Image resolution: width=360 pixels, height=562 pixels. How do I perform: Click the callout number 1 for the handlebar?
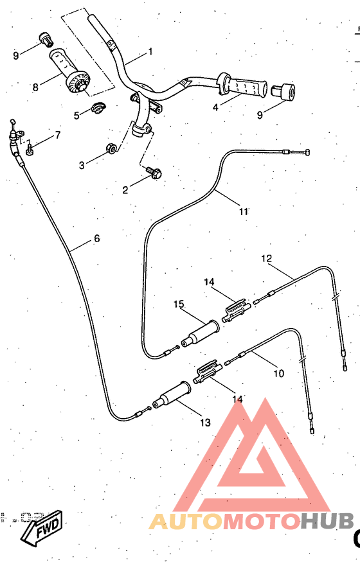tap(150, 51)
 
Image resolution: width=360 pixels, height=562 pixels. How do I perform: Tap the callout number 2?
tap(126, 189)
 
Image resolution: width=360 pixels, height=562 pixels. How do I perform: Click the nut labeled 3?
tap(111, 149)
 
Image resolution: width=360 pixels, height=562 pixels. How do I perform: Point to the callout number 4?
tap(215, 107)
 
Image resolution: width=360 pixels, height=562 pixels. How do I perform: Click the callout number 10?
tap(279, 373)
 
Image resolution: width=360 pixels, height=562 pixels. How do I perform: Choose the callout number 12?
tap(267, 258)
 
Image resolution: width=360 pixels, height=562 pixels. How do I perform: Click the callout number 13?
tap(205, 422)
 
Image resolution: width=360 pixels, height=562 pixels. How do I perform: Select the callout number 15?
tap(179, 304)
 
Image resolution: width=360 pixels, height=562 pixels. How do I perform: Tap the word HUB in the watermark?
tap(327, 522)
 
